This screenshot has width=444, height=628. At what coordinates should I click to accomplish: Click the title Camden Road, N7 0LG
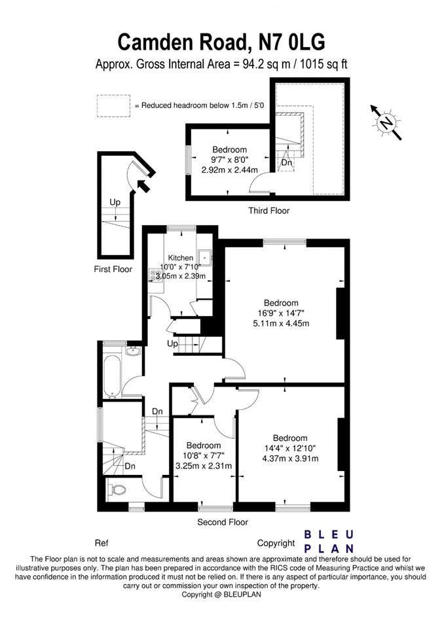click(x=221, y=42)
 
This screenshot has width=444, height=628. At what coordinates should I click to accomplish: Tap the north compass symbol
click(x=387, y=122)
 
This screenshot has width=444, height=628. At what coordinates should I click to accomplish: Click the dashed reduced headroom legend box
click(x=113, y=105)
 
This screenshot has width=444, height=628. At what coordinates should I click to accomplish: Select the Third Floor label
click(x=268, y=211)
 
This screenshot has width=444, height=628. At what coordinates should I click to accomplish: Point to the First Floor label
click(x=113, y=269)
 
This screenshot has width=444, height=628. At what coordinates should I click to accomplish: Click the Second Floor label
click(x=223, y=522)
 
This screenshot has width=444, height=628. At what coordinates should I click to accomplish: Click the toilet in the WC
click(x=118, y=489)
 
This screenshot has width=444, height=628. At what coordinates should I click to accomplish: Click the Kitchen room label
click(x=180, y=258)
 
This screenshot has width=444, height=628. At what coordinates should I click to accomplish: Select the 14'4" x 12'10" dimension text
click(x=290, y=448)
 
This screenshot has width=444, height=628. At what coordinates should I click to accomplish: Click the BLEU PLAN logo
click(x=329, y=542)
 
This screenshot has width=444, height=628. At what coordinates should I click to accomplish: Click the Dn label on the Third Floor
click(x=286, y=162)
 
